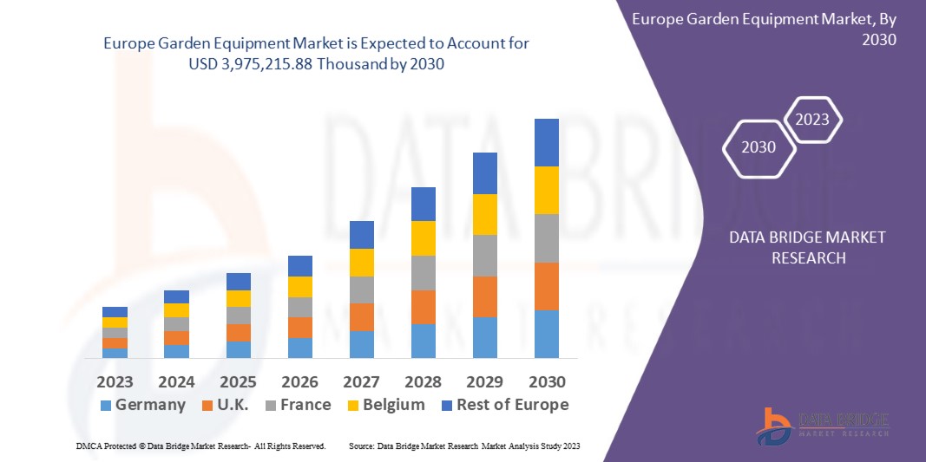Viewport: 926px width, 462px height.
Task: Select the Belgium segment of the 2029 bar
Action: pyautogui.click(x=485, y=214)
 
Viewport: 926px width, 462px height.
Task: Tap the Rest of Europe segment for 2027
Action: pyautogui.click(x=362, y=235)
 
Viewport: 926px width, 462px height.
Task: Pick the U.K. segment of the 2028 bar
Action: pyautogui.click(x=423, y=307)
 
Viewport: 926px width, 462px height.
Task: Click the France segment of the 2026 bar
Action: pyautogui.click(x=300, y=307)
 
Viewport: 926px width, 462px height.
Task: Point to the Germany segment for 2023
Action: pyautogui.click(x=115, y=353)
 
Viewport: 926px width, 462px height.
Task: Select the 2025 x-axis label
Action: pyautogui.click(x=238, y=382)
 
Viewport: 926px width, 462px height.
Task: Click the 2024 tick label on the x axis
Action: pyautogui.click(x=176, y=382)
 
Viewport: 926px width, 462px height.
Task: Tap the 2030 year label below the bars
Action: pyautogui.click(x=547, y=382)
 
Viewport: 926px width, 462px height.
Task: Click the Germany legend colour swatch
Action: pyautogui.click(x=106, y=406)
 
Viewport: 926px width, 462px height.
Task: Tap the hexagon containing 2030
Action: pyautogui.click(x=759, y=147)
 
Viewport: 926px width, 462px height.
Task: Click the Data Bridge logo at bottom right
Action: pyautogui.click(x=822, y=425)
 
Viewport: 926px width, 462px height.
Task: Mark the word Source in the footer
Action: pyautogui.click(x=361, y=446)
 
